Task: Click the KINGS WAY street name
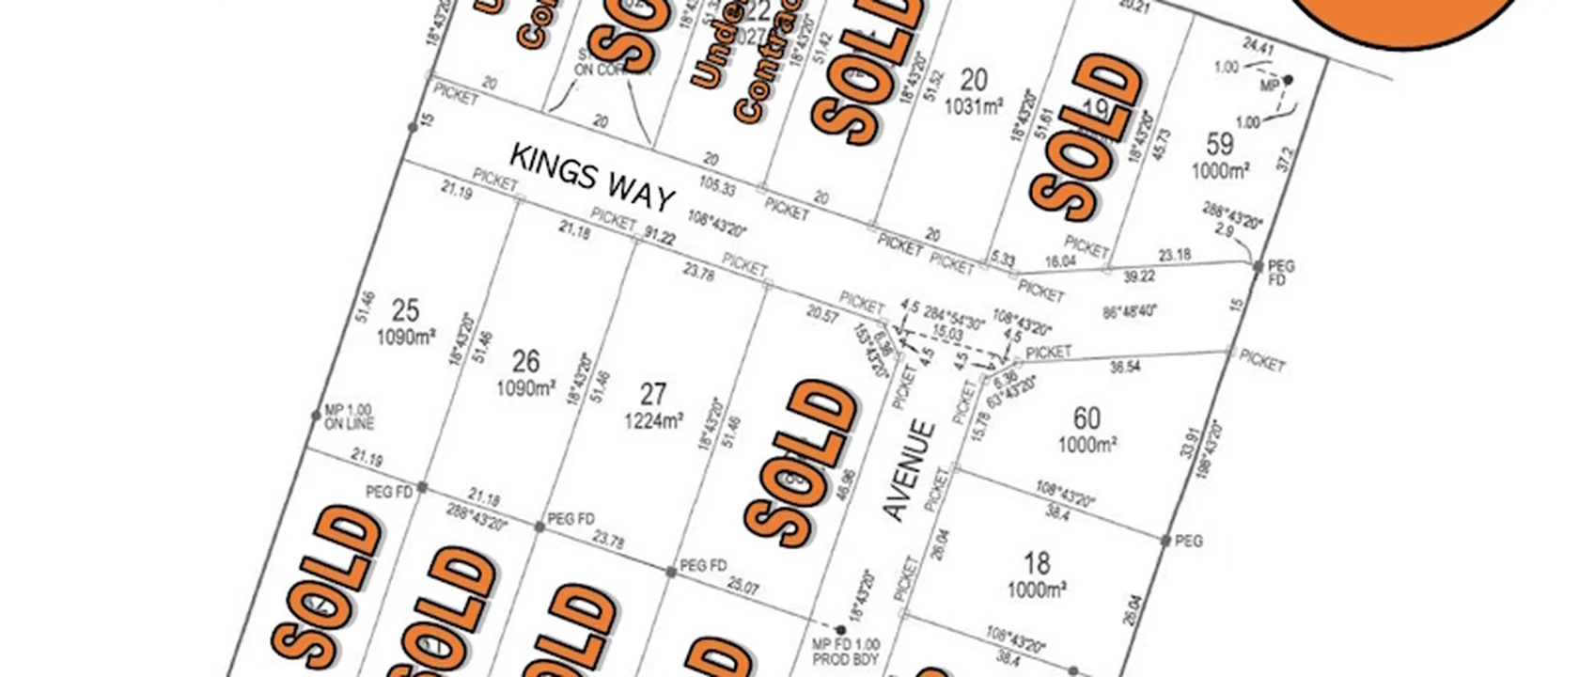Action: click(593, 177)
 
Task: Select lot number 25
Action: click(405, 310)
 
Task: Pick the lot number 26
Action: click(525, 361)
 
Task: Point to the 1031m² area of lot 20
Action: click(974, 106)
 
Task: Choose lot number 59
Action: click(1219, 144)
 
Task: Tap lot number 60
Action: click(1087, 417)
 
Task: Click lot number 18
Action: click(1037, 562)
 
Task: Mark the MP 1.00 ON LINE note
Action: click(349, 417)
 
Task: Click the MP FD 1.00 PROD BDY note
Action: click(845, 653)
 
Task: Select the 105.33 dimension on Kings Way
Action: click(717, 186)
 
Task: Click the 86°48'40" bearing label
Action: click(1130, 311)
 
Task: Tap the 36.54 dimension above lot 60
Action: click(1125, 367)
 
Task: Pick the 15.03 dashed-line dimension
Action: click(947, 334)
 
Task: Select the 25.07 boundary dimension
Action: click(743, 587)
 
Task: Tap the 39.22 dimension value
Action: click(1139, 276)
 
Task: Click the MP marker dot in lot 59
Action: click(1289, 80)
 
